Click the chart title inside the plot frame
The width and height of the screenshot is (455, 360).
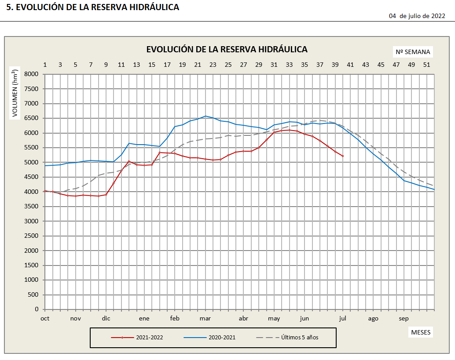[x=227, y=49]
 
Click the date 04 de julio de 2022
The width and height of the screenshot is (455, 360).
[x=417, y=16]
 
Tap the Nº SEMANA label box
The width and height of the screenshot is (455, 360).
[x=413, y=52]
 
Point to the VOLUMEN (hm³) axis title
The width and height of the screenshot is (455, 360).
[x=15, y=93]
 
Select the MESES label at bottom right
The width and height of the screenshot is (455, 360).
[x=421, y=331]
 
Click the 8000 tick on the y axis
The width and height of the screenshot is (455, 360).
[x=32, y=74]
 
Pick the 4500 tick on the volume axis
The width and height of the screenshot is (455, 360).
[x=32, y=177]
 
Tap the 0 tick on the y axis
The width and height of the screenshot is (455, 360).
[x=37, y=309]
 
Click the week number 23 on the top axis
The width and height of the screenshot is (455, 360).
[x=213, y=65]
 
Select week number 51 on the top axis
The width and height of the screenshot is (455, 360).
[x=426, y=65]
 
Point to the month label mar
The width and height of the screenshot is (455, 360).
[x=205, y=319]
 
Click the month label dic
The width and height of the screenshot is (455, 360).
[x=106, y=319]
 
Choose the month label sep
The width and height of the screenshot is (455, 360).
[x=404, y=319]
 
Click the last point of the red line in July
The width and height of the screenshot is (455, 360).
[x=343, y=156]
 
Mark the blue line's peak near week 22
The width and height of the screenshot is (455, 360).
[x=205, y=116]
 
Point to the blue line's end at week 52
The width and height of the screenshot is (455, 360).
[x=434, y=190]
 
